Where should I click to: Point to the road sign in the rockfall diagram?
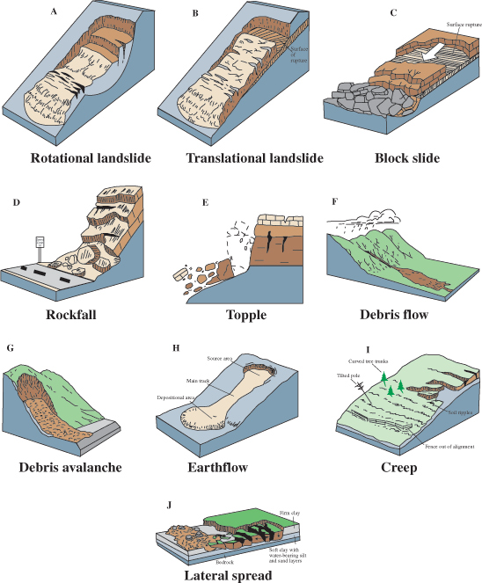[x=38, y=243]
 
